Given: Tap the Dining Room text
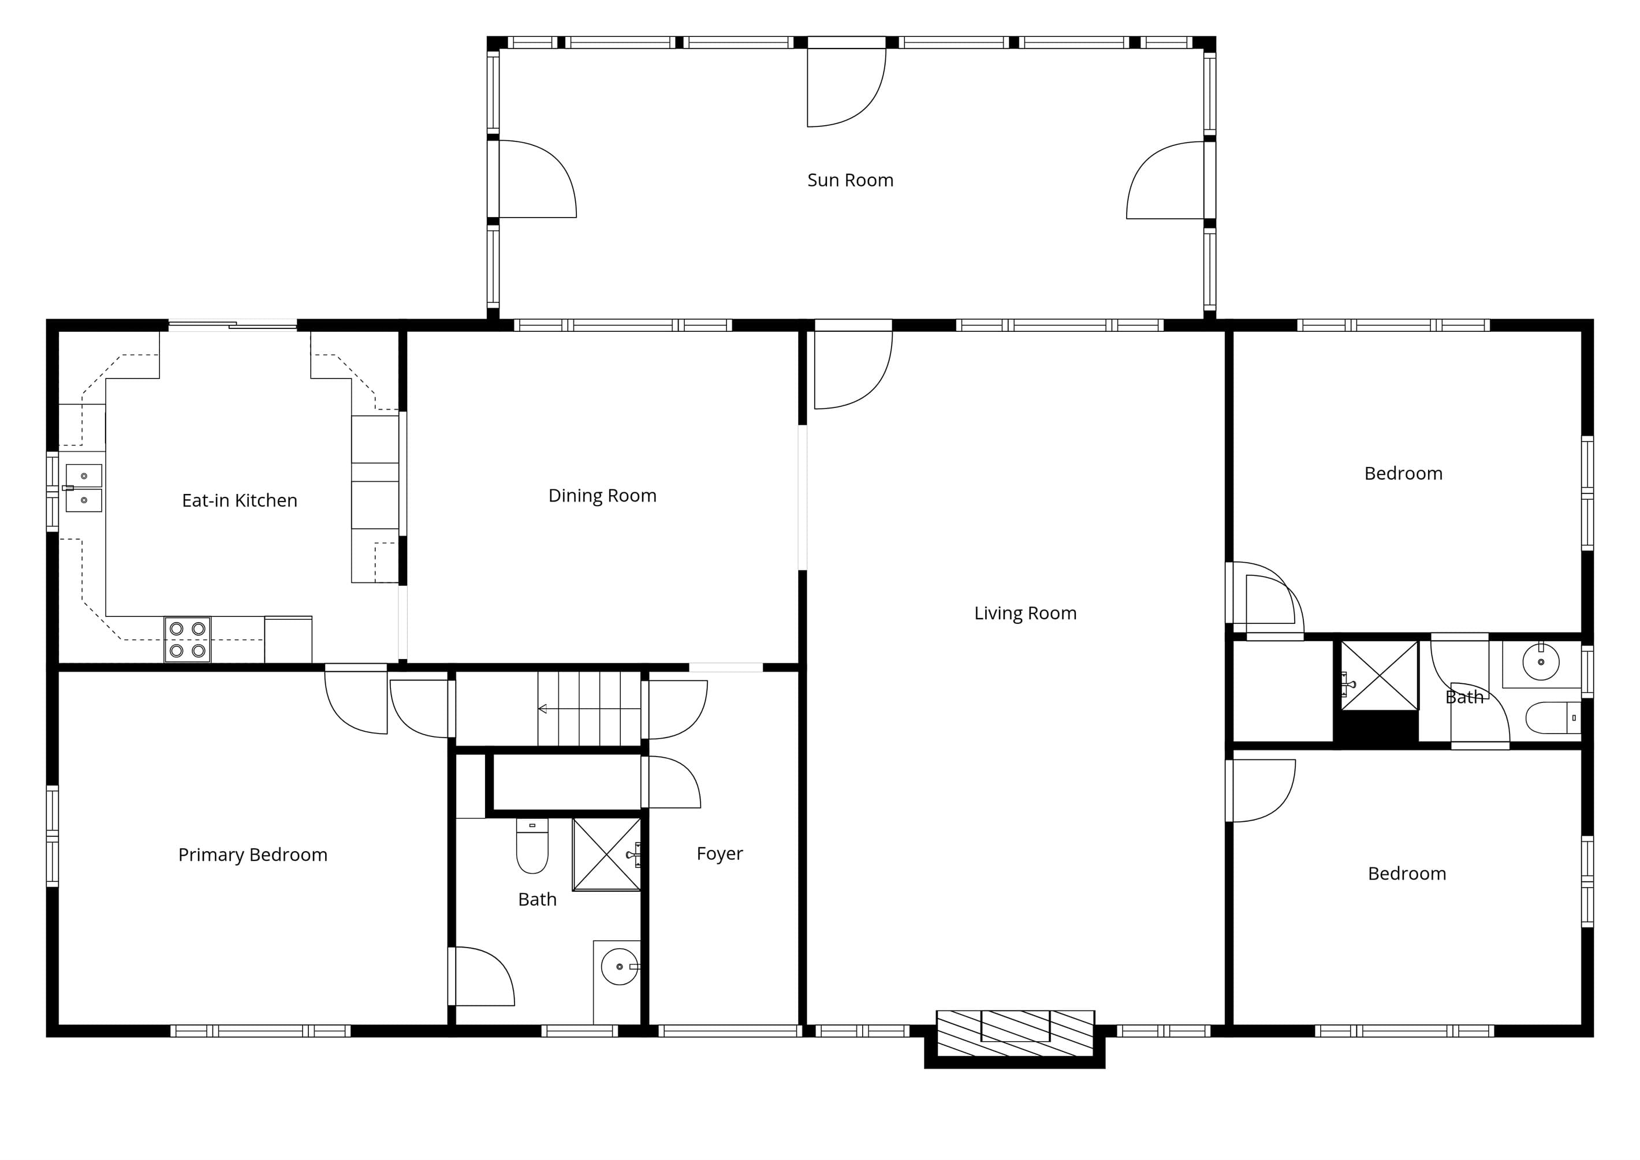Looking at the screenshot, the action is [602, 496].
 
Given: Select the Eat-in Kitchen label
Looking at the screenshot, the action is [240, 500].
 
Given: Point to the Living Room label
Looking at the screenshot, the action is [1025, 613].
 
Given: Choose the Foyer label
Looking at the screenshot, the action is [720, 854].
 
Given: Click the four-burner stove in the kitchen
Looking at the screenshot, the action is [187, 639].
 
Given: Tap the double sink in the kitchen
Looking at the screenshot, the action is [84, 488].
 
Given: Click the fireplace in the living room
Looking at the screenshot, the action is [1015, 1034].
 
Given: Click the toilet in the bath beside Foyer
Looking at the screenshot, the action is [532, 845].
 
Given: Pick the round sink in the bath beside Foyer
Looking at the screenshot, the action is [620, 967].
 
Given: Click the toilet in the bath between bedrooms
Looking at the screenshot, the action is [1553, 718].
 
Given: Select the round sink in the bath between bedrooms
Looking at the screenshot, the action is [1541, 662].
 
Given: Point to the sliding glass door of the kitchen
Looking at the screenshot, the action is [232, 325].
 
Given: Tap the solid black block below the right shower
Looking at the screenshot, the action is [1376, 728].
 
